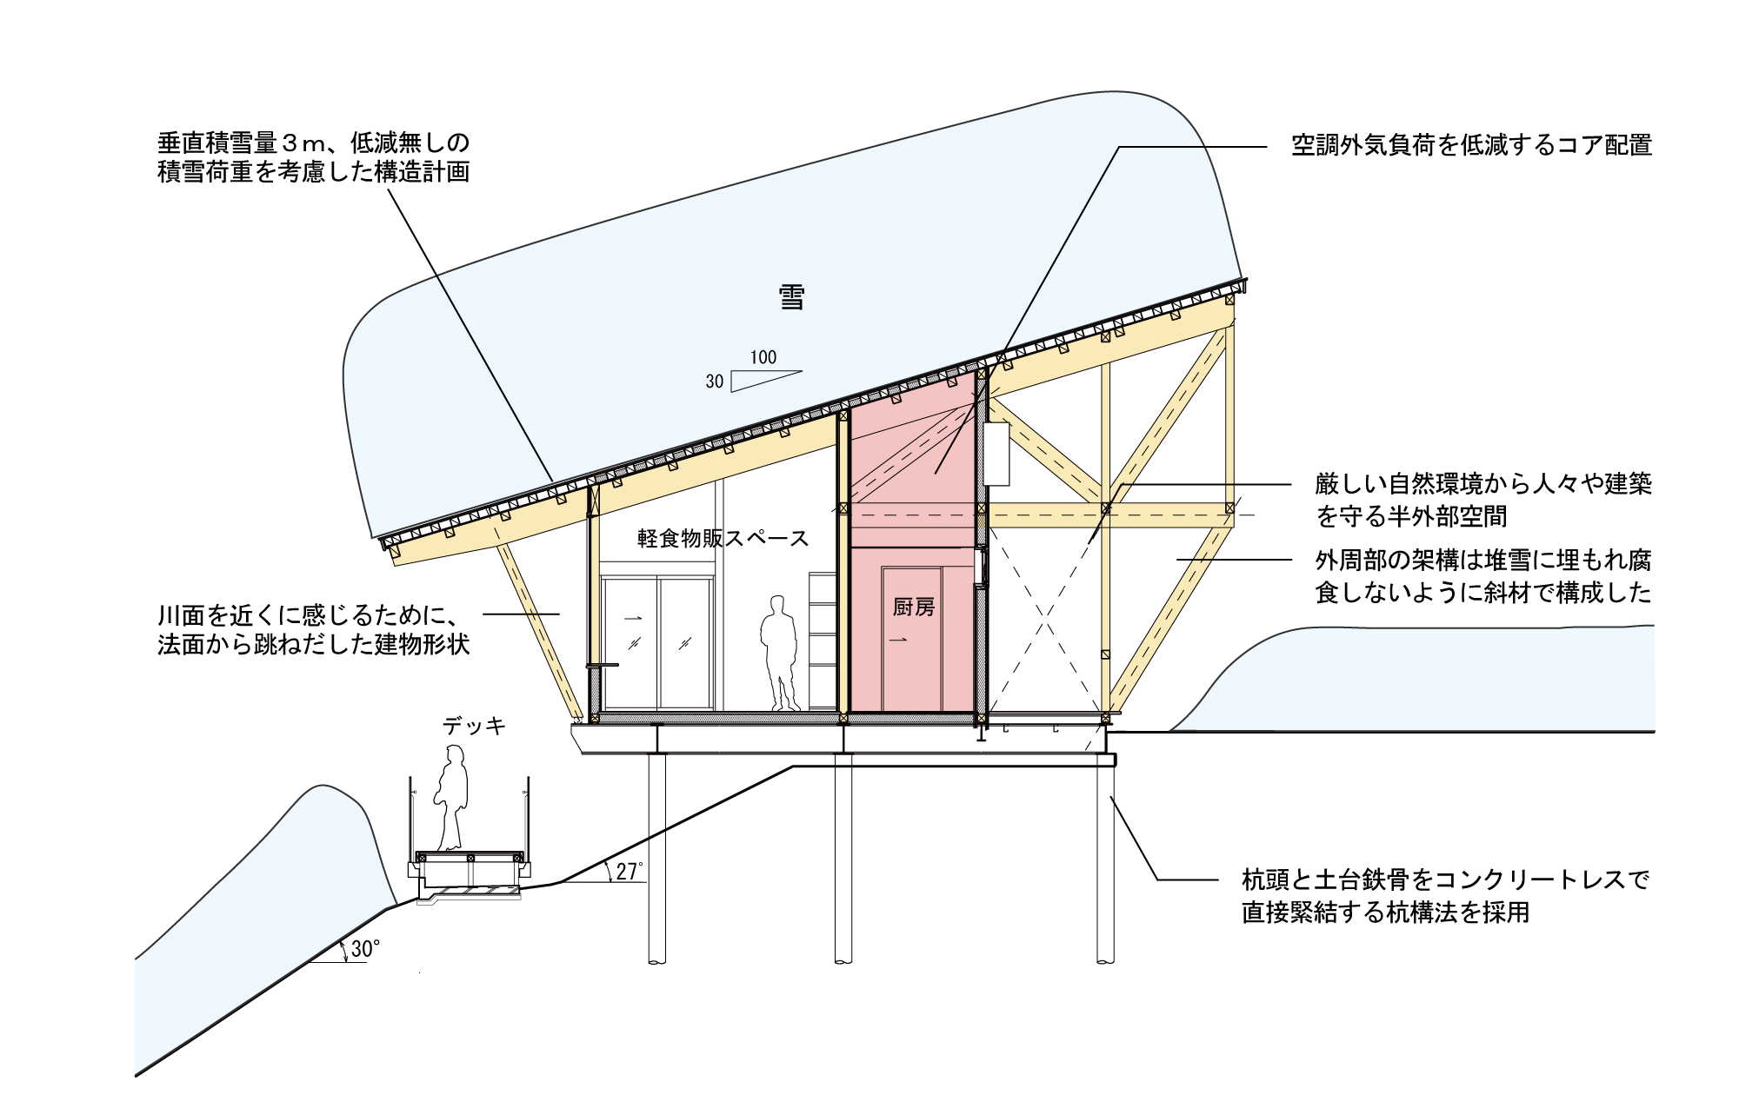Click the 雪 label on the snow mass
pyautogui.click(x=791, y=297)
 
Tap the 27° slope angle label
pyautogui.click(x=630, y=871)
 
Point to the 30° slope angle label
pyautogui.click(x=365, y=948)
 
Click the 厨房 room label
pyautogui.click(x=914, y=607)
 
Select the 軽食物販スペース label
pyautogui.click(x=723, y=539)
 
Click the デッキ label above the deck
pyautogui.click(x=474, y=726)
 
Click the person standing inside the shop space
pyautogui.click(x=779, y=654)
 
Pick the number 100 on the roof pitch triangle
pyautogui.click(x=763, y=357)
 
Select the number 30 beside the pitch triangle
pyautogui.click(x=715, y=382)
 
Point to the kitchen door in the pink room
pyautogui.click(x=912, y=640)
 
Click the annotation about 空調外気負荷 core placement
pyautogui.click(x=1471, y=145)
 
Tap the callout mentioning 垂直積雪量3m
pyautogui.click(x=314, y=157)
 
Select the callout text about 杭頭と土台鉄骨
pyautogui.click(x=1445, y=896)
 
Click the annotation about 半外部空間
pyautogui.click(x=1483, y=500)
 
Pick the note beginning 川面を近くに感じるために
pyautogui.click(x=314, y=630)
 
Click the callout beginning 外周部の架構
pyautogui.click(x=1483, y=576)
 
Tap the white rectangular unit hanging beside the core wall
pyautogui.click(x=996, y=454)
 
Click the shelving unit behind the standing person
pyautogui.click(x=823, y=641)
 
